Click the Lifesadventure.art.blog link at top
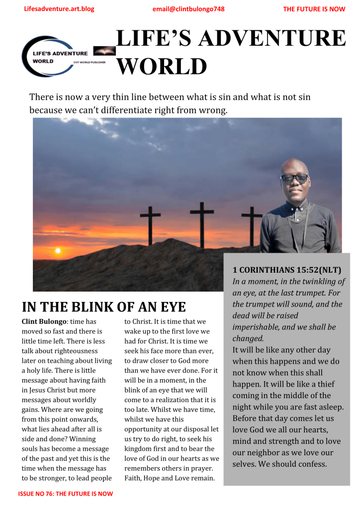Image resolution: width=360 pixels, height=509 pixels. point(59,9)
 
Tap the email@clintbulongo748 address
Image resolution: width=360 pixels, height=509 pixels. point(189,9)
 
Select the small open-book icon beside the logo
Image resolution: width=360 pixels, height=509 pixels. point(104,51)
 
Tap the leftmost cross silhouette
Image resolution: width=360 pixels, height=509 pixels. point(150,225)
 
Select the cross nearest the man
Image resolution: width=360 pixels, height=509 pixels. point(252,226)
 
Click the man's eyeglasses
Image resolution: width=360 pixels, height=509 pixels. point(294,178)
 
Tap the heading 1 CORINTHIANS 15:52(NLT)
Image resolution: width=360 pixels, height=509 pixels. point(286,270)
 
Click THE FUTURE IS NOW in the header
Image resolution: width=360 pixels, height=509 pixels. point(314,9)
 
